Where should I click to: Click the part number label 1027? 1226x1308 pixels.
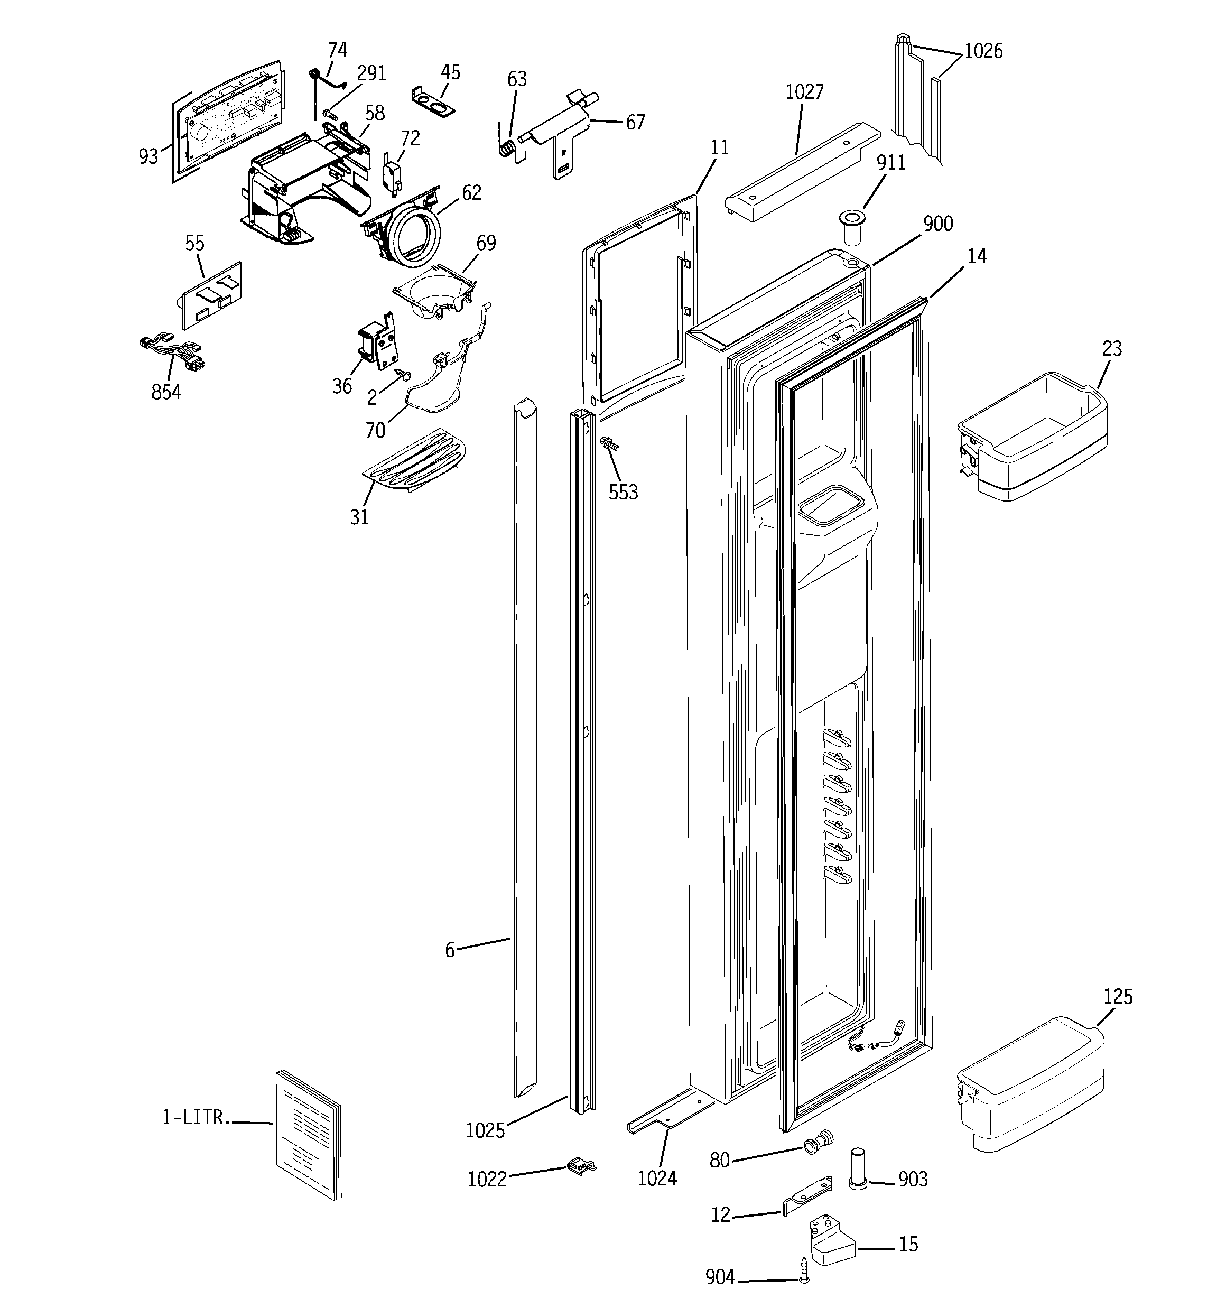tap(804, 92)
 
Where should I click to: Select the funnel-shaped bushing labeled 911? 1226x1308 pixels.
tap(852, 227)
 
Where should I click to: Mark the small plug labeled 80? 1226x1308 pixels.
tap(818, 1145)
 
